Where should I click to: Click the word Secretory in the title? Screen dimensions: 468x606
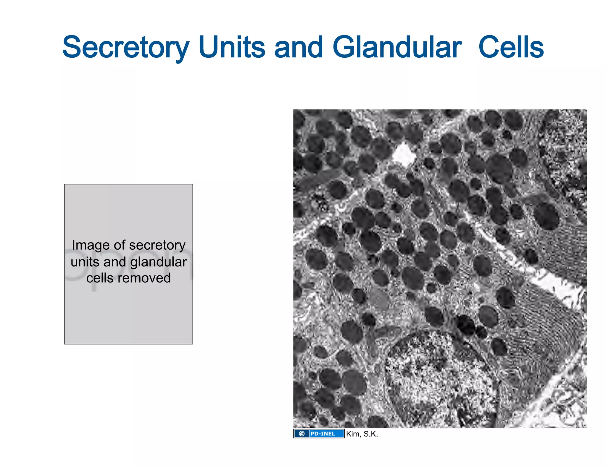126,47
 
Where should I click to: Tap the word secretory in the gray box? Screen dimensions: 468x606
157,245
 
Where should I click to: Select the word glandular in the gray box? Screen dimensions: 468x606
158,262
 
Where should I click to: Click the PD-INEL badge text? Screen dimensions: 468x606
323,434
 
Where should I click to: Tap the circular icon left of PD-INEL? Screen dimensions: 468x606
302,434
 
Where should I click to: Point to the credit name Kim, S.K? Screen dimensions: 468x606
362,434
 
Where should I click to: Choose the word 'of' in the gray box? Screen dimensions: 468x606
120,245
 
